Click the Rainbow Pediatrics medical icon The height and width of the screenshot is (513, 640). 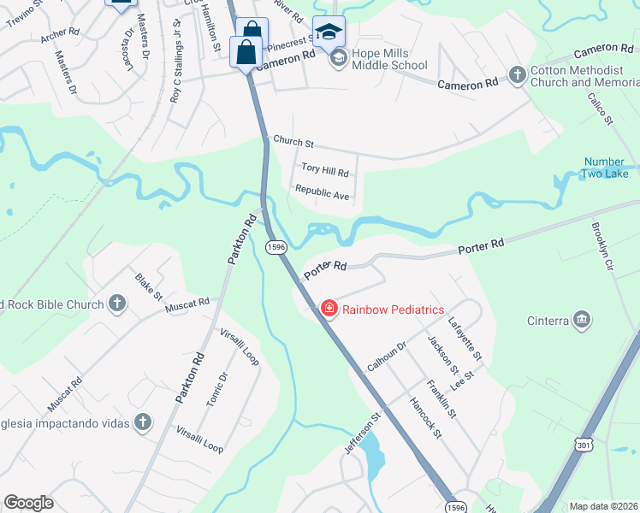point(329,309)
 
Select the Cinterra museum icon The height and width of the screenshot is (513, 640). point(582,320)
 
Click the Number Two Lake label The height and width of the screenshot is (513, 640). point(606,168)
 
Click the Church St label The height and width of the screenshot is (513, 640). point(293,141)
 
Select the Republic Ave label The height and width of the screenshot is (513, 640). point(322,192)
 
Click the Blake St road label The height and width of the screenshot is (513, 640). point(148,286)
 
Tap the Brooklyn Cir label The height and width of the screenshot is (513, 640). point(603,247)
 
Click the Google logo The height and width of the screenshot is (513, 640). point(29,503)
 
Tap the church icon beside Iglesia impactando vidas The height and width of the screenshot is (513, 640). point(142,422)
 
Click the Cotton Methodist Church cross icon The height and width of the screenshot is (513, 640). point(517,76)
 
